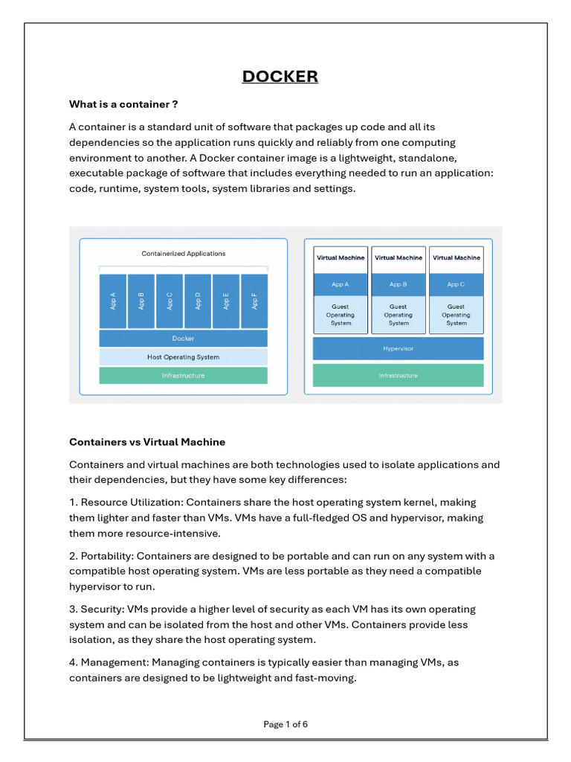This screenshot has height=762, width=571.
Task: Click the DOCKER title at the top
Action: tap(280, 77)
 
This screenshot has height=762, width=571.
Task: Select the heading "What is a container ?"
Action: tap(123, 104)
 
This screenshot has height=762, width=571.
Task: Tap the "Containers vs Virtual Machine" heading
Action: tap(147, 442)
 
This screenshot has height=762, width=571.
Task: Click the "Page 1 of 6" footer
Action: tap(285, 724)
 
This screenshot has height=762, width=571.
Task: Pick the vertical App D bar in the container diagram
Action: tap(198, 301)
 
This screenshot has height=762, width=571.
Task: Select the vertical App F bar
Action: tap(254, 301)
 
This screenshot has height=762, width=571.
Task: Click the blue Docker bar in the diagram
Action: tap(183, 339)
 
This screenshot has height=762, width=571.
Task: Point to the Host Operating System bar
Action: tap(183, 357)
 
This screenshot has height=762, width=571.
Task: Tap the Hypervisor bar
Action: tap(398, 348)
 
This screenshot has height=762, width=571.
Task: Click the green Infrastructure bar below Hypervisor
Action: tap(398, 376)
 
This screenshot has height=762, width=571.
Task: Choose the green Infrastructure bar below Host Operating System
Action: tap(183, 376)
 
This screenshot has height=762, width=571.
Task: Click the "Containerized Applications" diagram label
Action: tap(183, 254)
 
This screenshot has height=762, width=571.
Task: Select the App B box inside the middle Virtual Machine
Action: tap(398, 284)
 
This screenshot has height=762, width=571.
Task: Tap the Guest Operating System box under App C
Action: tap(456, 315)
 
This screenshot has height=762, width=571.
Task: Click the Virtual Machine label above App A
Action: tap(341, 258)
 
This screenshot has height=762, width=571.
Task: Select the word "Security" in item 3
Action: tap(102, 609)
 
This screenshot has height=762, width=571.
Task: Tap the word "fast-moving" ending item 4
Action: tap(327, 678)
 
